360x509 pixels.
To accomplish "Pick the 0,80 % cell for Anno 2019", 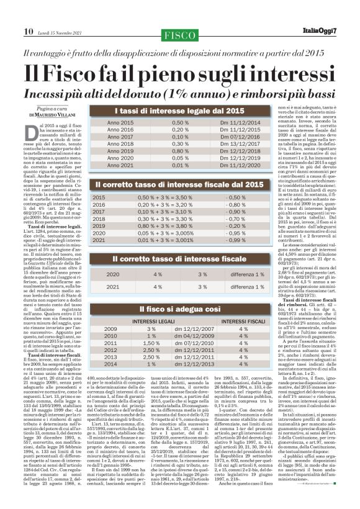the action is click(x=180, y=150).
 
